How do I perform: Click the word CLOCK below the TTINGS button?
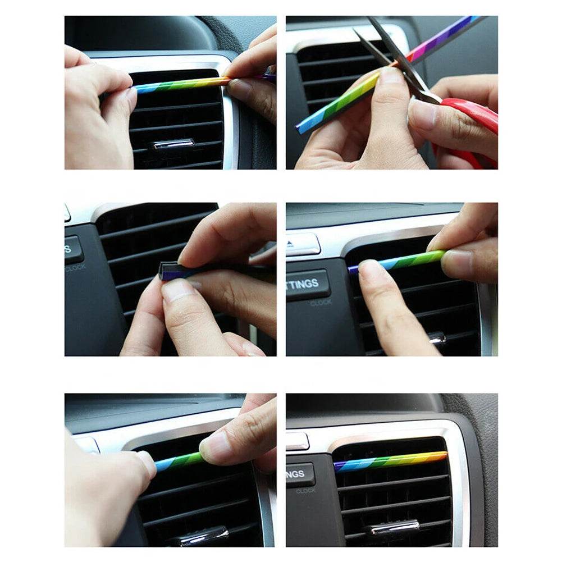click(x=321, y=303)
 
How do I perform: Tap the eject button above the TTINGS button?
click(x=303, y=245)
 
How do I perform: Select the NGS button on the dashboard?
click(x=300, y=474)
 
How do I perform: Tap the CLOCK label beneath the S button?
click(x=75, y=268)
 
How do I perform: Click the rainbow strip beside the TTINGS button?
click(x=393, y=262)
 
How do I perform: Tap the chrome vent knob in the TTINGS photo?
click(x=436, y=339)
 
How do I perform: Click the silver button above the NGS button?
click(x=298, y=441)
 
